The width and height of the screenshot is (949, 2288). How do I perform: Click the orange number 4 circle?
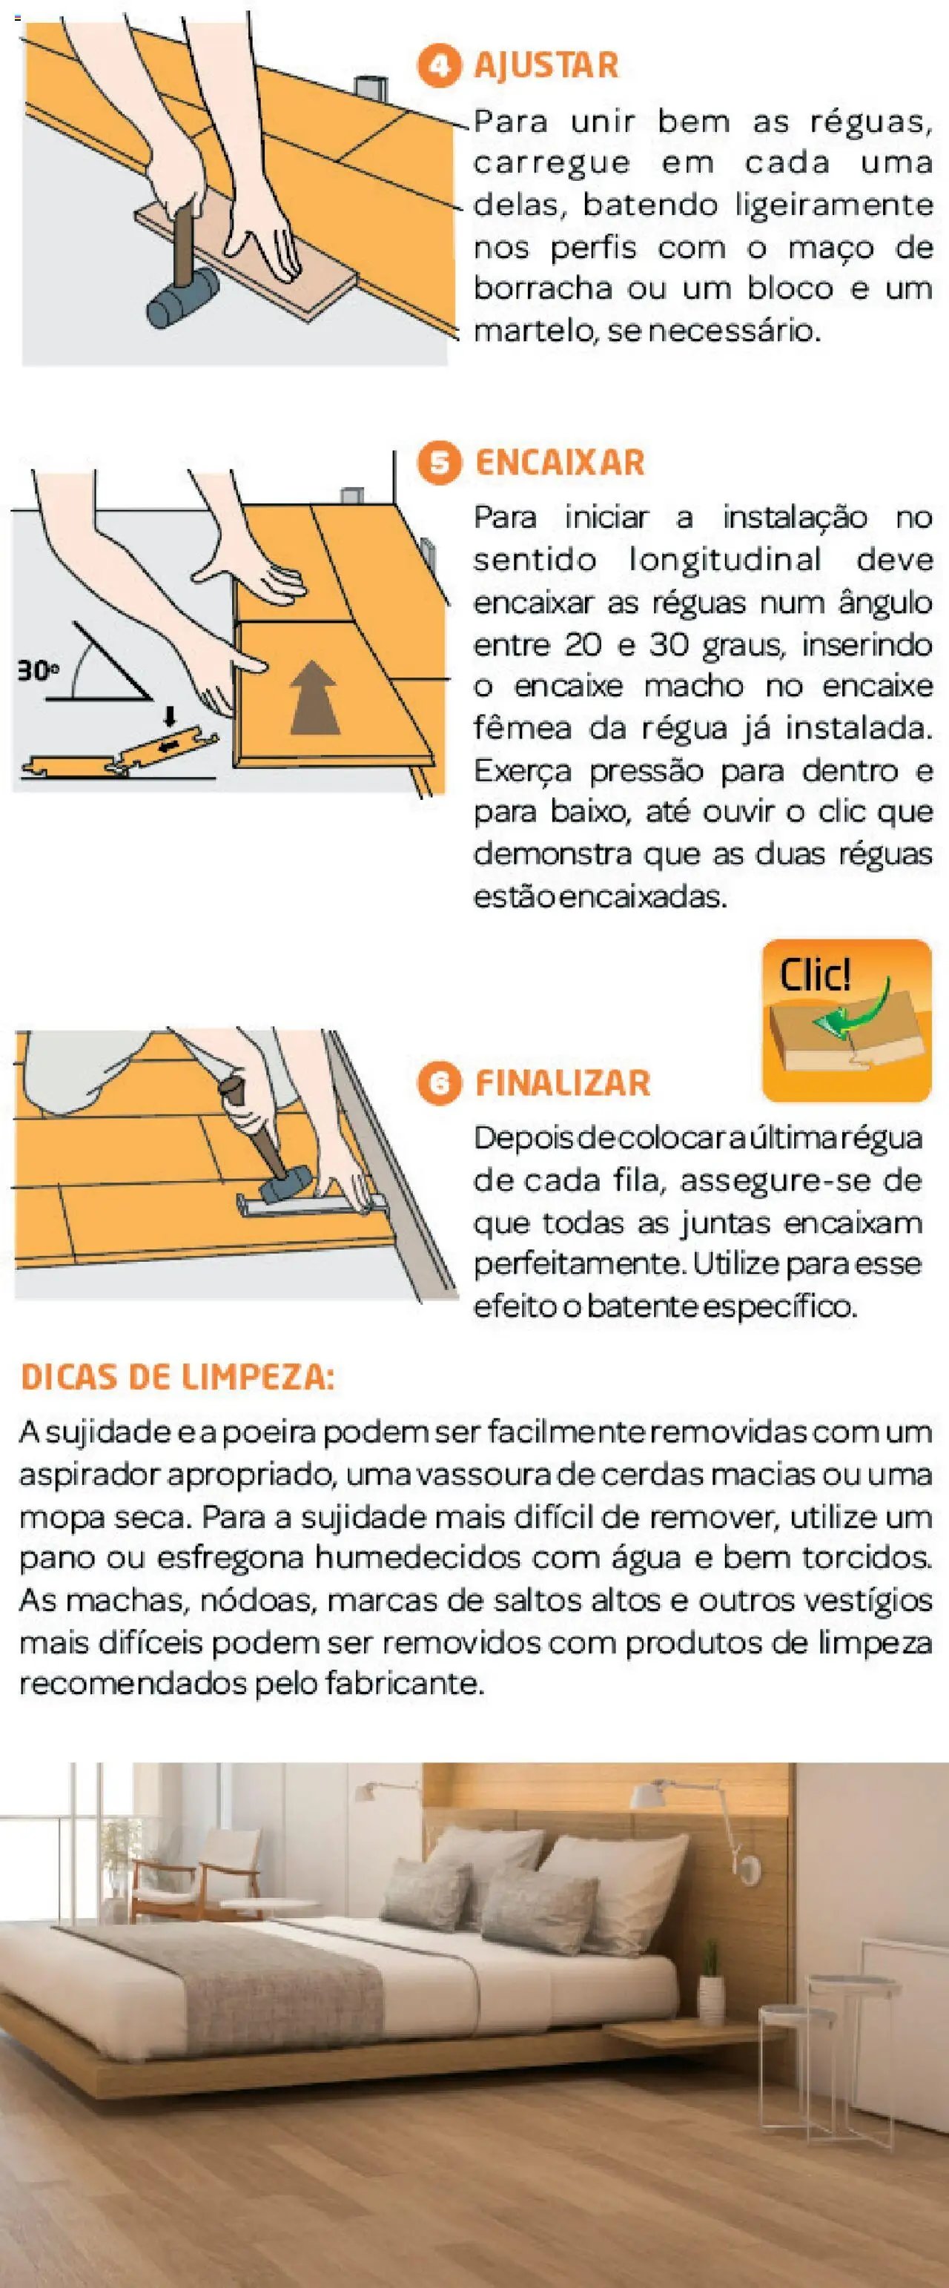pos(439,66)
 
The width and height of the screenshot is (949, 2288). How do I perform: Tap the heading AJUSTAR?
pos(546,66)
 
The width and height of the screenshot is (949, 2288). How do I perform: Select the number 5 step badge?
pos(439,463)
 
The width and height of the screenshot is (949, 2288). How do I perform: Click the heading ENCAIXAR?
pos(560,463)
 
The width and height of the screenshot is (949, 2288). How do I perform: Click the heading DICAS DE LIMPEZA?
pos(178,1378)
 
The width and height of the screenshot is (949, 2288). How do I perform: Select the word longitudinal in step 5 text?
pos(725,560)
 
